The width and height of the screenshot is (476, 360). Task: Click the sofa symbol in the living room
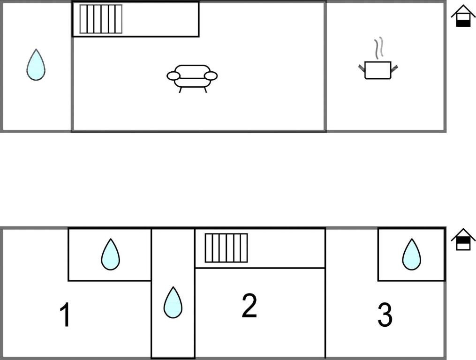192,79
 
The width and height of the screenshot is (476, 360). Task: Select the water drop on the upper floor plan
36,65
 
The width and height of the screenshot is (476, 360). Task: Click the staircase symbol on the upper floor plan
101,19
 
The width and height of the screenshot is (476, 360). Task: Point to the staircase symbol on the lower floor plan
226,247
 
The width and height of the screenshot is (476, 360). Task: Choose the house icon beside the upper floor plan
463,16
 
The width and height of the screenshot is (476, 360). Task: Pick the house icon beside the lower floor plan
463,239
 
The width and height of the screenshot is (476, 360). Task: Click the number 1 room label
65,315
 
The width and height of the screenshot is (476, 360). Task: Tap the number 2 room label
249,305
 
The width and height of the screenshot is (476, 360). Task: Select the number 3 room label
385,315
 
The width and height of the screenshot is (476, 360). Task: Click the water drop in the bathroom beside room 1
111,254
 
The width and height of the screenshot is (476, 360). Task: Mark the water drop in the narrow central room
173,302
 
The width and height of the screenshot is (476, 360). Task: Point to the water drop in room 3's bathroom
412,254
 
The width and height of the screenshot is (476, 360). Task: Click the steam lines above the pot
378,48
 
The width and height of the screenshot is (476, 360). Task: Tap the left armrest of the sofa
174,76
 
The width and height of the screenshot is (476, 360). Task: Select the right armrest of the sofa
211,76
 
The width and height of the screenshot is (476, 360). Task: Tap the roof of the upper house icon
463,11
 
